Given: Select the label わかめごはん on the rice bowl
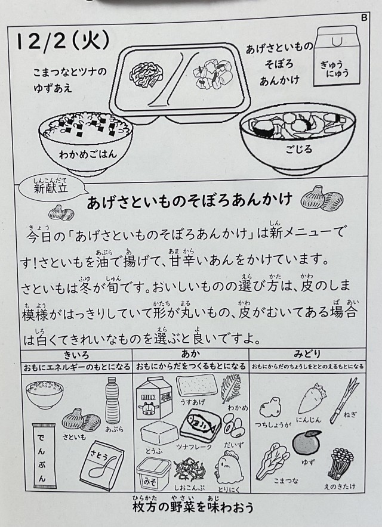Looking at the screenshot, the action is [88, 154].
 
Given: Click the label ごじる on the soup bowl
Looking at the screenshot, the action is [298, 148].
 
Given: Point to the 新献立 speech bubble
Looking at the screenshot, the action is [51, 188].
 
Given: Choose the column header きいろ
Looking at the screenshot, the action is [76, 355].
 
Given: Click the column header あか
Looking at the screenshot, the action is [190, 354].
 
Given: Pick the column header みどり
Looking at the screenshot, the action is [307, 354].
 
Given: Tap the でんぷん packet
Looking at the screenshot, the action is [44, 455].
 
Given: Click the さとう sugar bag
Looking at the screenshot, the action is [102, 466].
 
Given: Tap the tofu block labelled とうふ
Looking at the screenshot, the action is [159, 433].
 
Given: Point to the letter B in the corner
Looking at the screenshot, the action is [364, 17].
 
